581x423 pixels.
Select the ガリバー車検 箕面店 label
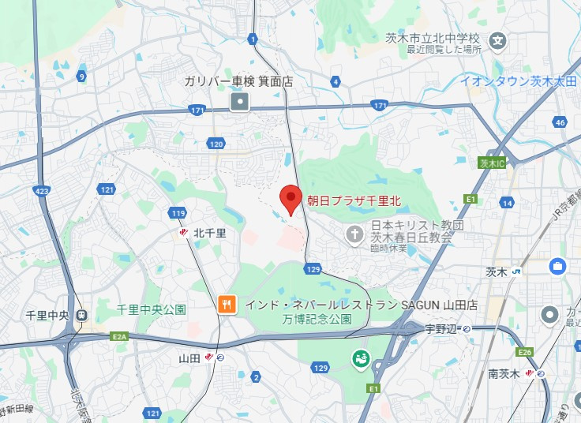pyautogui.click(x=238, y=81)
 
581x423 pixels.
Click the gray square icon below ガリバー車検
pyautogui.click(x=239, y=101)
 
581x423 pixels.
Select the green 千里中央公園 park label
pyautogui.click(x=152, y=309)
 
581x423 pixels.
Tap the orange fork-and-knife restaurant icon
pyautogui.click(x=227, y=304)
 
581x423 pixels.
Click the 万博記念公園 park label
pyautogui.click(x=317, y=320)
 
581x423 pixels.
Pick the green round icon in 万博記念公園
pyautogui.click(x=360, y=359)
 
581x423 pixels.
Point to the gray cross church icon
pyautogui.click(x=355, y=234)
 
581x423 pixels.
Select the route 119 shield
pyautogui.click(x=178, y=213)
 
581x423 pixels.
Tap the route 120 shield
pyautogui.click(x=216, y=144)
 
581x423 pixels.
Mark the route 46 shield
pyautogui.click(x=560, y=122)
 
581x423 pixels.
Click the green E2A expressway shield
pyautogui.click(x=120, y=337)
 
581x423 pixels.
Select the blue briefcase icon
pyautogui.click(x=558, y=266)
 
